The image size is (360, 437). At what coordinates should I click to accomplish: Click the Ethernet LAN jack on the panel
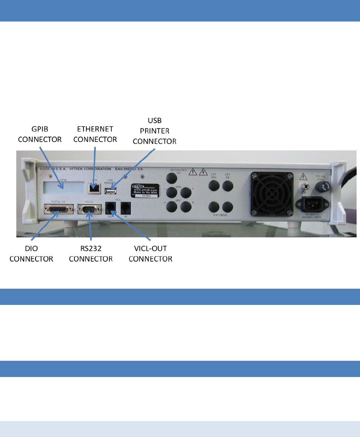[94, 188]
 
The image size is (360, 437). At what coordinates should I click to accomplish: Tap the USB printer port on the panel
[111, 191]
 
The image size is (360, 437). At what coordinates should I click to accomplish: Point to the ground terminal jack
[304, 186]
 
